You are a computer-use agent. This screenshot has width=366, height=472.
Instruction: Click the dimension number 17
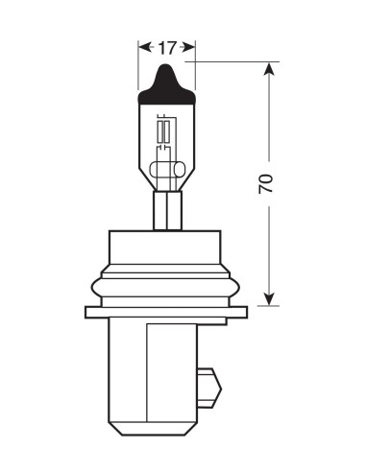pyautogui.click(x=167, y=45)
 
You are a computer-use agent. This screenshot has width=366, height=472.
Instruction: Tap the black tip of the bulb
pyautogui.click(x=167, y=86)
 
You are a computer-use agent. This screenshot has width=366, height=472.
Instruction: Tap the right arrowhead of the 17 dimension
pyautogui.click(x=191, y=45)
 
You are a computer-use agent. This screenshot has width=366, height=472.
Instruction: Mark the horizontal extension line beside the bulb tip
pyautogui.click(x=231, y=61)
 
